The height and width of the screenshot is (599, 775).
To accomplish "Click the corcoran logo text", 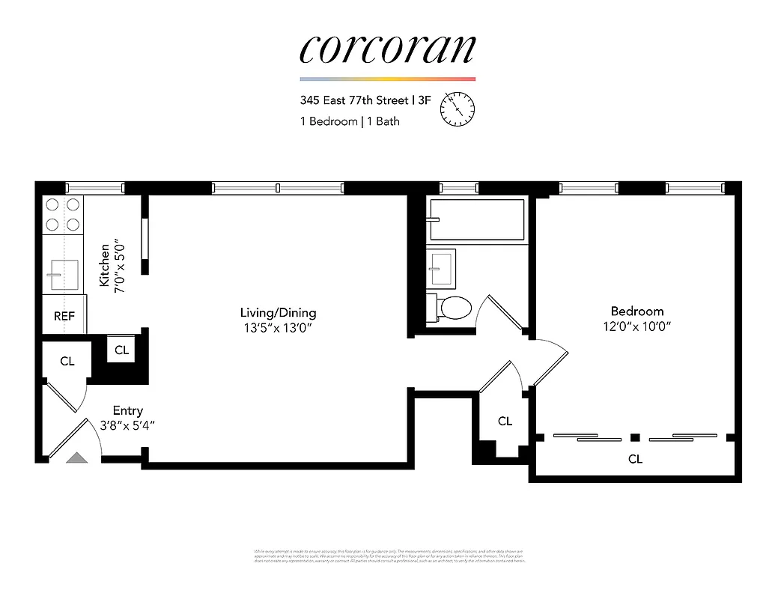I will pyautogui.click(x=387, y=49).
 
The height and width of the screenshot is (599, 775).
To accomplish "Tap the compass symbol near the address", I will pyautogui.click(x=458, y=109).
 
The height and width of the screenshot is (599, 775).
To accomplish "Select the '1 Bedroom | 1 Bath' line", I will pyautogui.click(x=350, y=121).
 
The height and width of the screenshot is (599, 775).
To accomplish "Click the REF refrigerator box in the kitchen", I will pyautogui.click(x=64, y=315).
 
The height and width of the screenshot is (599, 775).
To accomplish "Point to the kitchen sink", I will pyautogui.click(x=63, y=274).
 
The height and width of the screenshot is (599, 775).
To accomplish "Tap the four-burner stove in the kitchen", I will pyautogui.click(x=63, y=214).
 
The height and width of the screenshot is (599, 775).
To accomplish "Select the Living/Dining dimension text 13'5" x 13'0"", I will pyautogui.click(x=278, y=327).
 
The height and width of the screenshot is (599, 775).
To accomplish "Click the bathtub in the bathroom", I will pyautogui.click(x=476, y=219).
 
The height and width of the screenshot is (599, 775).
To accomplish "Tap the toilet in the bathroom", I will pyautogui.click(x=452, y=308).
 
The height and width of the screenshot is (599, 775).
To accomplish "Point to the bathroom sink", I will pyautogui.click(x=441, y=266).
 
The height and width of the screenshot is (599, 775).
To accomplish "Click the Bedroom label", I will pyautogui.click(x=636, y=311).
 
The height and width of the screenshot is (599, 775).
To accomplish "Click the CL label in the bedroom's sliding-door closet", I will pyautogui.click(x=635, y=459).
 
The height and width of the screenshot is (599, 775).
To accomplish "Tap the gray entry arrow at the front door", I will pyautogui.click(x=76, y=458).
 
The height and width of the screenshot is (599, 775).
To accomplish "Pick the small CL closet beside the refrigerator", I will pyautogui.click(x=122, y=350).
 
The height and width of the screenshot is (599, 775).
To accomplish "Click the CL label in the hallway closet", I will pyautogui.click(x=505, y=421).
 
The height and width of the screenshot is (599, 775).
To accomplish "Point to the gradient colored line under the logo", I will pyautogui.click(x=387, y=79).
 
